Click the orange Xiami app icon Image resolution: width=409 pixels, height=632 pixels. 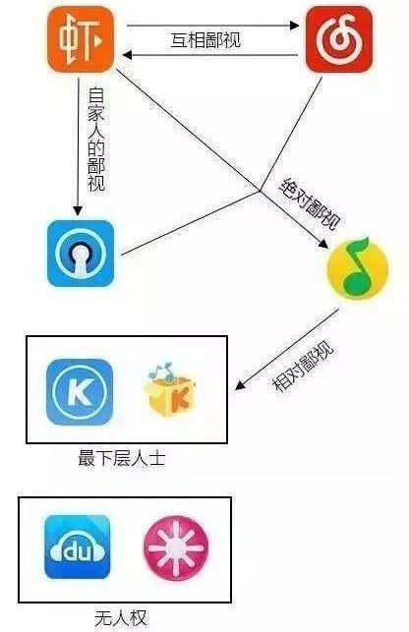[81, 39]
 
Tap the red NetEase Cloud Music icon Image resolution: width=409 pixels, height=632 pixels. [339, 39]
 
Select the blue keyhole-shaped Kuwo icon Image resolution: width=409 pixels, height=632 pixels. [81, 254]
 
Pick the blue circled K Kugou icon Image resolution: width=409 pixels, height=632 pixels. [80, 392]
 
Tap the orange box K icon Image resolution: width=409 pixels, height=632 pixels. [169, 390]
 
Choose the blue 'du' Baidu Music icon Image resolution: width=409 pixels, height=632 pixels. [78, 546]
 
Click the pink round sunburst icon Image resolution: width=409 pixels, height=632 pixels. [176, 546]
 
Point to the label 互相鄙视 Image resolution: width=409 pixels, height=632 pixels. [205, 40]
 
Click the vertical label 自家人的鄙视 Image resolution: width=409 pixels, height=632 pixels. [96, 139]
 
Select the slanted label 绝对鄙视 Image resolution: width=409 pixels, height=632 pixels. [310, 203]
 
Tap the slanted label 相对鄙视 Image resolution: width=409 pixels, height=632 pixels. [304, 367]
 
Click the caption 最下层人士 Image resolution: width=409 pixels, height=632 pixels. [122, 459]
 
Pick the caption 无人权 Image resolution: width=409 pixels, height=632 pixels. [121, 618]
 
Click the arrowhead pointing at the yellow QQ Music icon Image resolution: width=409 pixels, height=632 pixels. [323, 243]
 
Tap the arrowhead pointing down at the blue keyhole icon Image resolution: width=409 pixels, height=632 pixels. [78, 210]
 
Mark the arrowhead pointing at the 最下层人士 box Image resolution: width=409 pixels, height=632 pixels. [240, 385]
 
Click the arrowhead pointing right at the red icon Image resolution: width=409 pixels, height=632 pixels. [294, 26]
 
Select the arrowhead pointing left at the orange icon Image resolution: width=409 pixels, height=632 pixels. [127, 55]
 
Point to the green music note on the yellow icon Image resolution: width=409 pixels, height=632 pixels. [356, 266]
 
